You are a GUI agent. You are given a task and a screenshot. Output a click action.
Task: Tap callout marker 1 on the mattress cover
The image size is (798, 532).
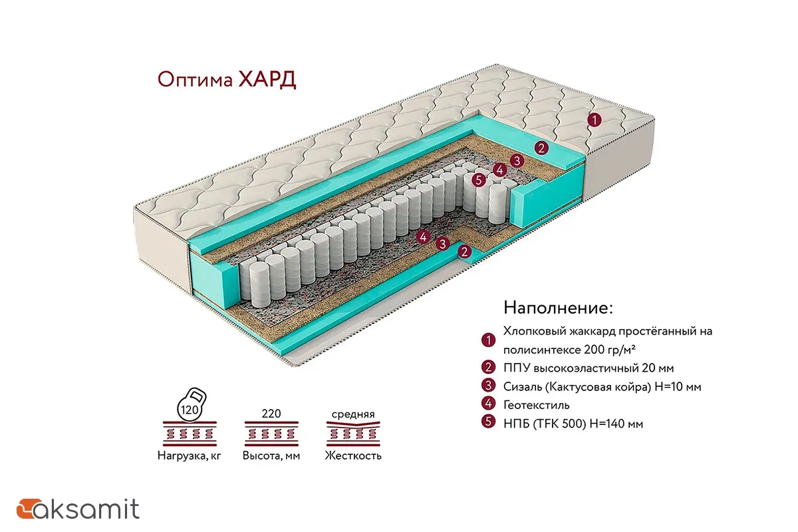click(594, 120)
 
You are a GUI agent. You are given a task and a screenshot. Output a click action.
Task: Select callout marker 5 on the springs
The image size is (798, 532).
click(477, 179)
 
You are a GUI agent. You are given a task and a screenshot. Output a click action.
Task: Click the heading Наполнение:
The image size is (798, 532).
click(558, 308)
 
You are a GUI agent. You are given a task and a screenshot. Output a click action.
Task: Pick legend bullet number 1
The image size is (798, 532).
click(489, 339)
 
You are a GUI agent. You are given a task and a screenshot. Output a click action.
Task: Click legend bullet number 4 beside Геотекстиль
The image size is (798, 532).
click(489, 404)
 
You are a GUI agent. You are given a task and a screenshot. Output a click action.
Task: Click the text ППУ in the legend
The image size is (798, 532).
click(516, 368)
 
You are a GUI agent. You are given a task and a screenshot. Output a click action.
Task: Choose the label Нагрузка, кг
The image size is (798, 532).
click(189, 456)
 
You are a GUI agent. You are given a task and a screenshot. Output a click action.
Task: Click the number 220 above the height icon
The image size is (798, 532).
click(271, 414)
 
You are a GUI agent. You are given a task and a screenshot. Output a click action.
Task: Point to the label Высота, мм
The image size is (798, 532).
click(271, 456)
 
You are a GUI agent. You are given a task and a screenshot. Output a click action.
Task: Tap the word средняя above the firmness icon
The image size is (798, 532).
click(353, 414)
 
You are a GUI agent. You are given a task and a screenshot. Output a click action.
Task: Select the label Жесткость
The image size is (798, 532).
click(353, 456)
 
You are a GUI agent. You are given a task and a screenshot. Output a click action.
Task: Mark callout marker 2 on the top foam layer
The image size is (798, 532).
click(542, 148)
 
